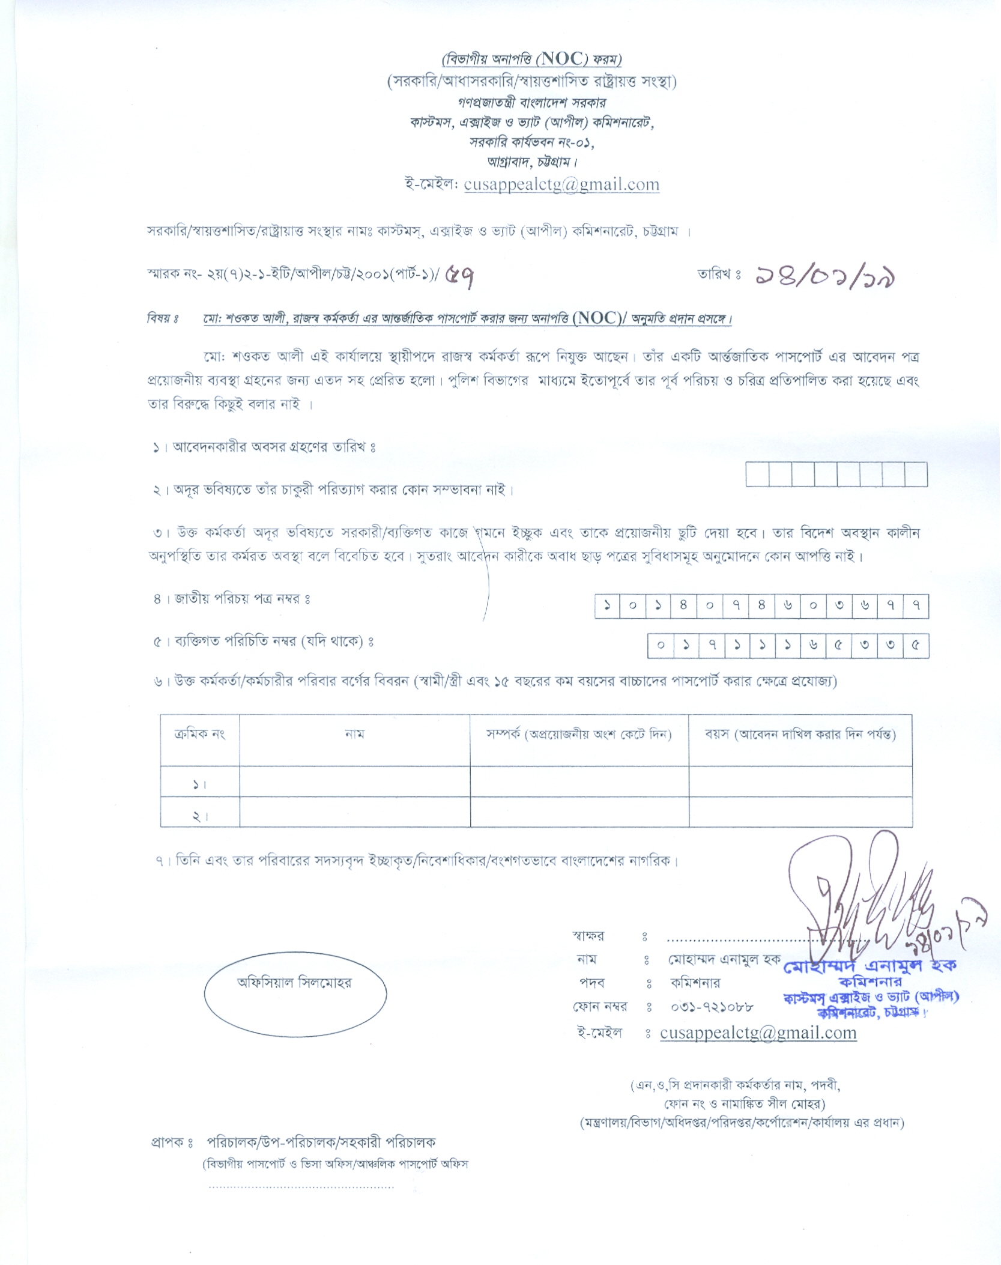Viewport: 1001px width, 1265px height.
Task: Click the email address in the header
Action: coord(561,184)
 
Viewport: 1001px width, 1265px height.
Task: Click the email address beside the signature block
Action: coord(758,1033)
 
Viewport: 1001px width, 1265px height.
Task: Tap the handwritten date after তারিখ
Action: coord(826,276)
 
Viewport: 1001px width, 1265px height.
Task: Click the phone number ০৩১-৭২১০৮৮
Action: coord(712,1007)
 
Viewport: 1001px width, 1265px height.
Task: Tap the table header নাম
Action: coord(354,734)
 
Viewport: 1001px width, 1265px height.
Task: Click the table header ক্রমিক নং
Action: coord(199,734)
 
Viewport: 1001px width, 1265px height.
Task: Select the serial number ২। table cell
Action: coord(199,816)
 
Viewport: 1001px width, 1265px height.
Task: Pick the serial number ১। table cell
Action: coord(199,784)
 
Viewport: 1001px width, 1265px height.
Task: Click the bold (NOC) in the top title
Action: coord(562,59)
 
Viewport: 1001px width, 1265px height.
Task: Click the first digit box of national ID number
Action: coord(608,605)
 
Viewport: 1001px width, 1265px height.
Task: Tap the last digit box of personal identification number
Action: coord(916,646)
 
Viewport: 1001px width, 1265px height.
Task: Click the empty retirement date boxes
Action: coord(836,474)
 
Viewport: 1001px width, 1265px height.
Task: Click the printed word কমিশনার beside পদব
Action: coord(695,983)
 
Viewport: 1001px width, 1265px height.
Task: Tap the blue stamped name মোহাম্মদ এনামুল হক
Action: coord(869,966)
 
